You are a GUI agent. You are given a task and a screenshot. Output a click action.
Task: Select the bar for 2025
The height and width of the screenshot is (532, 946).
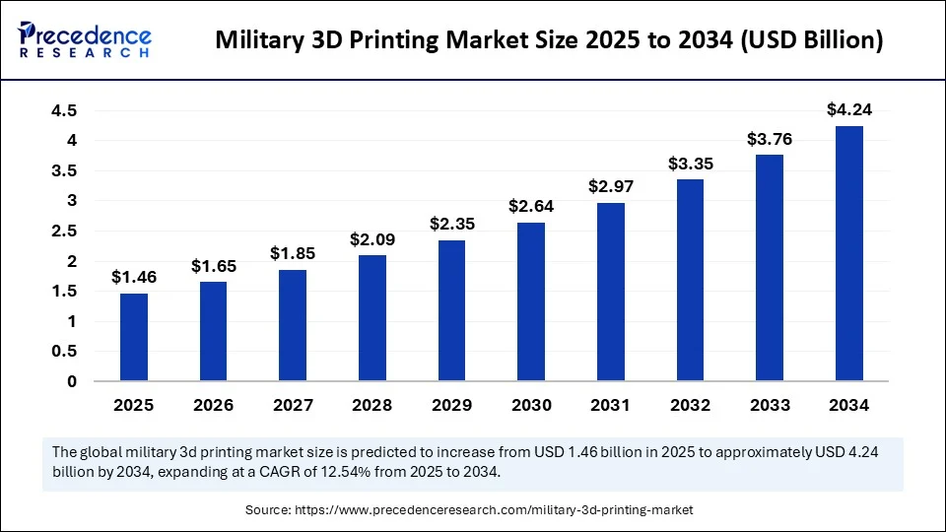tap(134, 337)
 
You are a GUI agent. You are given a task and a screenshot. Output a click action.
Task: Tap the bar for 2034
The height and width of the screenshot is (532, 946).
tap(849, 253)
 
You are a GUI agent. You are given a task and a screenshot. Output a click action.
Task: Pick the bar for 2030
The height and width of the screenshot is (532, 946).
tap(531, 301)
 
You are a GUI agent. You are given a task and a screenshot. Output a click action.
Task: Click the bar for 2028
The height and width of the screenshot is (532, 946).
tap(372, 317)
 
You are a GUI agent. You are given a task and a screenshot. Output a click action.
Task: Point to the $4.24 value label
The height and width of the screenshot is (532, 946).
tap(849, 109)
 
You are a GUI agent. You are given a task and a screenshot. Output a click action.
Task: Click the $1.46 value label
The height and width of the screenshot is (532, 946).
tap(134, 277)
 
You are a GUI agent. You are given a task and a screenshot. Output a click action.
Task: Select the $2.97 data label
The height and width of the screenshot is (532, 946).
tap(611, 186)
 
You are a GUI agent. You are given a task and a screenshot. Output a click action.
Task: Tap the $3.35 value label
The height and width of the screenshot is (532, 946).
tap(691, 163)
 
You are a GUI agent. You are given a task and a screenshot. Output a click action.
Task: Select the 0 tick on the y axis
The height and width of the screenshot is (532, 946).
tap(72, 381)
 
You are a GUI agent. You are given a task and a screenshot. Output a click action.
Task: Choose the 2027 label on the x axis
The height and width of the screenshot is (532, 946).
tap(293, 405)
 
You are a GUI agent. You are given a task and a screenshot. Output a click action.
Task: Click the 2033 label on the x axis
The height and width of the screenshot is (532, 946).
tap(770, 405)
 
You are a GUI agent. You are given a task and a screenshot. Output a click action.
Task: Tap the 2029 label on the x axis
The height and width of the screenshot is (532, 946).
tap(451, 405)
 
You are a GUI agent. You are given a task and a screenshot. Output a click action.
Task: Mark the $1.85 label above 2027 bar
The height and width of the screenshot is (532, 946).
tap(293, 253)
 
